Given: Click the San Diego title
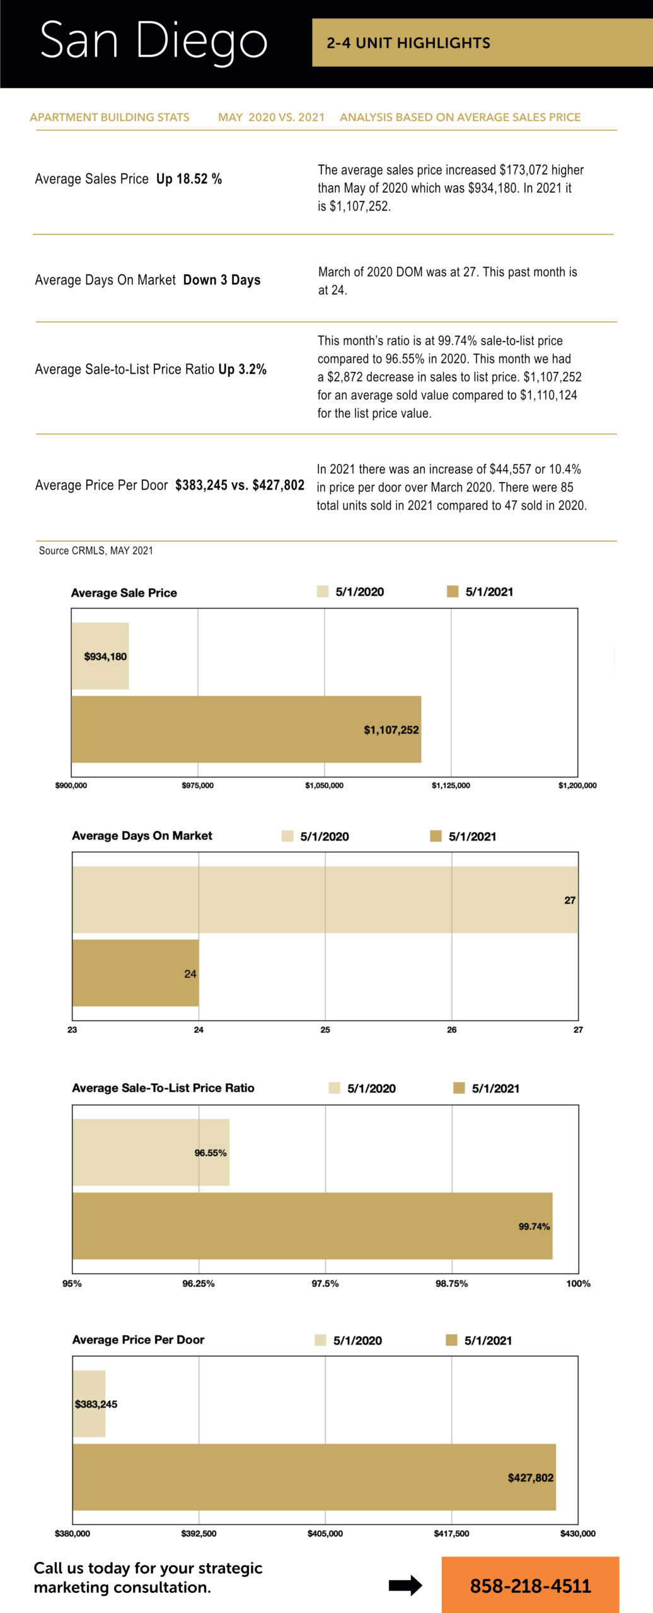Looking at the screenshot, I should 153,41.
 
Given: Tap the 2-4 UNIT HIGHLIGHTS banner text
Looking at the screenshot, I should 408,43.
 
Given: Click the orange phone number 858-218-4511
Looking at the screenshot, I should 530,1585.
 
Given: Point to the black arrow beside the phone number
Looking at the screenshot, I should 405,1585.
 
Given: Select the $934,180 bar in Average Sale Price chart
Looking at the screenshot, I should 100,656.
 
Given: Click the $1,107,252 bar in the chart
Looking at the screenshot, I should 246,729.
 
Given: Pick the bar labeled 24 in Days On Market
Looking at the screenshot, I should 136,973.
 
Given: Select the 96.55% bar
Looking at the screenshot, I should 151,1152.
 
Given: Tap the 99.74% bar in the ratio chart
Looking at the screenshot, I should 312,1226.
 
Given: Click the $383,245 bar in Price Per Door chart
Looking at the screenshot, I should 90,1404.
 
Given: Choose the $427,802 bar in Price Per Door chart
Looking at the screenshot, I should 314,1477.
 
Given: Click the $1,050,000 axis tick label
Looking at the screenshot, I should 324,786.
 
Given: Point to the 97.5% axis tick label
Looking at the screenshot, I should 325,1283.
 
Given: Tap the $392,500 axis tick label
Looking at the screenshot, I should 199,1534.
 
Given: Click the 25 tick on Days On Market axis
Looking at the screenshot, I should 325,1030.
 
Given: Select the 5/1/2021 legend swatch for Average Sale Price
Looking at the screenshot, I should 452,591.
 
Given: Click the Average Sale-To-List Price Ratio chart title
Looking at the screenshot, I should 163,1088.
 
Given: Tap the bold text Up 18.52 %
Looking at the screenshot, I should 189,179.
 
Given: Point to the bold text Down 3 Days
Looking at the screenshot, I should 222,280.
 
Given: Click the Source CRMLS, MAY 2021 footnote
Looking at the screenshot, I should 96,551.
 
